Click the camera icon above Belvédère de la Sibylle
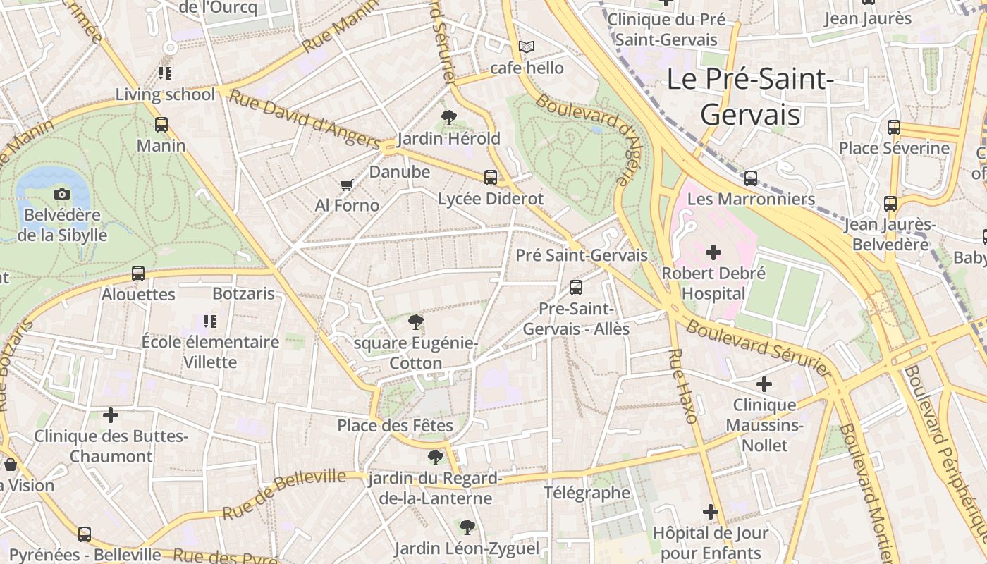click(62, 194)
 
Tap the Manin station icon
click(161, 125)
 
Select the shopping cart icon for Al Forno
click(346, 185)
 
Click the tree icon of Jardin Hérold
click(448, 118)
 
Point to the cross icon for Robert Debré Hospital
click(713, 252)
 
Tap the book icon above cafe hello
click(527, 47)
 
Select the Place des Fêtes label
click(395, 425)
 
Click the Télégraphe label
click(587, 493)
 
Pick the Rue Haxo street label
click(682, 386)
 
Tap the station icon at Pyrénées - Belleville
click(85, 534)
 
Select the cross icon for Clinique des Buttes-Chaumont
click(111, 415)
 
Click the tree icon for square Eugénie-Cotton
click(416, 323)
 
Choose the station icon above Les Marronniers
click(751, 178)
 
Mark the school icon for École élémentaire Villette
click(209, 321)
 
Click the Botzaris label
click(243, 293)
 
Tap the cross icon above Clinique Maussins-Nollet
click(764, 384)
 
